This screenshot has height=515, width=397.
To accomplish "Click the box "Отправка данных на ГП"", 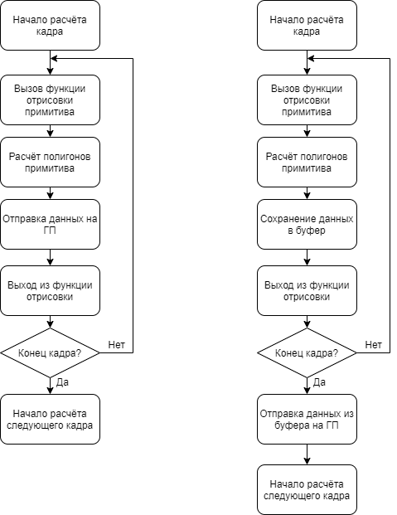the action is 50,224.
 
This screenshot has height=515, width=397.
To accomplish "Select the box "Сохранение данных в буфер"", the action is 307,224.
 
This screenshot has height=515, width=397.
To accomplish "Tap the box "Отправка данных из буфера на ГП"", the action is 307,419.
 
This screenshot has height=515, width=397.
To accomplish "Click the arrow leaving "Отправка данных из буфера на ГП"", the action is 307,454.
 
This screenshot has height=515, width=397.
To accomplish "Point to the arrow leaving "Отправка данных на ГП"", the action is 50,257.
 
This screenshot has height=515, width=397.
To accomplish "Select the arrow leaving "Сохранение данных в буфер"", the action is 307,257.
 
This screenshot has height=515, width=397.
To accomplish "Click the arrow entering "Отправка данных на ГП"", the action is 50,193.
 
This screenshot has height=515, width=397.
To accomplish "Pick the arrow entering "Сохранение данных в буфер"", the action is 307,193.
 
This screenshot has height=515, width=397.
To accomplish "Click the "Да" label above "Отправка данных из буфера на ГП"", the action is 319,382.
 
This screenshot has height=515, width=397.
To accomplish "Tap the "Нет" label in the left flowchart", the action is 117,344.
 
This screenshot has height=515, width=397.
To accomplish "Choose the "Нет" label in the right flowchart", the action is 373,344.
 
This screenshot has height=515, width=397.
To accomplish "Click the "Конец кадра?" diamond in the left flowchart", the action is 50,352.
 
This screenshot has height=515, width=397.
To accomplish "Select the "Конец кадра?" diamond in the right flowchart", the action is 307,352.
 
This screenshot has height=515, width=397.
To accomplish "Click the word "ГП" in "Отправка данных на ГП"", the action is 50,231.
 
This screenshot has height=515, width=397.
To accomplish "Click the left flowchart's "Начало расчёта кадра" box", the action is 50,25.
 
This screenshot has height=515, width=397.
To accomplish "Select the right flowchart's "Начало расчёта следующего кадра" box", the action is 307,490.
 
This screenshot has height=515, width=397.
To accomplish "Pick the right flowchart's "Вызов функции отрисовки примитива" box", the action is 307,100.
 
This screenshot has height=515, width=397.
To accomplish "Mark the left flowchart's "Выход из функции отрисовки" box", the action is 50,291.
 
